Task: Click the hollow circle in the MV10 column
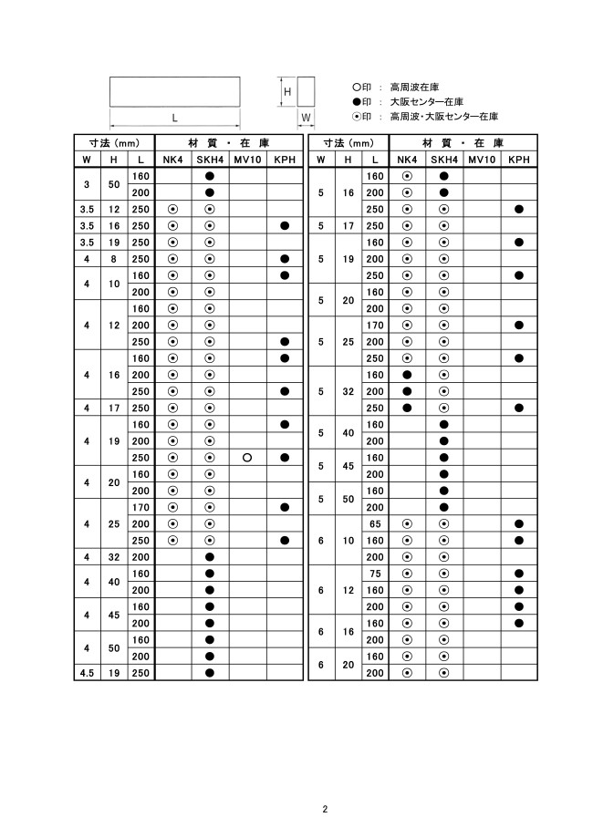coord(247,457)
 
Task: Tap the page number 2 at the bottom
coord(324,809)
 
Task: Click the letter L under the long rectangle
coord(174,117)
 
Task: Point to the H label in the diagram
coord(286,91)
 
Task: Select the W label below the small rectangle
coord(306,118)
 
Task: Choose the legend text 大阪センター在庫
coord(426,101)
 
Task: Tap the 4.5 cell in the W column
coord(87,673)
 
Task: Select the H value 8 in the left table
coord(114,258)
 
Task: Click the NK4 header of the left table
coord(172,160)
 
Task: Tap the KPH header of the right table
coord(518,160)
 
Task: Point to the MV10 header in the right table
coord(481,160)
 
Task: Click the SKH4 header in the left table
coord(210,160)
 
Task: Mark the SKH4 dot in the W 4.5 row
coord(210,673)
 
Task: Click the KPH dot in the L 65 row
coord(518,523)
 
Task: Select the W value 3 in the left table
coord(87,184)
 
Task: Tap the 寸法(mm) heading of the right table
coord(349,143)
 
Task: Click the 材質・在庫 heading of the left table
coord(229,143)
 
